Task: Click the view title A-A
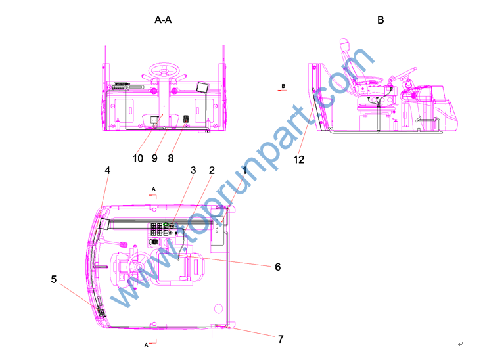pyautogui.click(x=163, y=20)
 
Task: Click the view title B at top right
pyautogui.click(x=381, y=20)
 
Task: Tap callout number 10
pyautogui.click(x=137, y=158)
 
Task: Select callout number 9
pyautogui.click(x=154, y=158)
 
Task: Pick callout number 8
pyautogui.click(x=170, y=158)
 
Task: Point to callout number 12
pyautogui.click(x=299, y=160)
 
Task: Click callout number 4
pyautogui.click(x=107, y=170)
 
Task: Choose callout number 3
pyautogui.click(x=193, y=170)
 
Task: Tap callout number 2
pyautogui.click(x=212, y=170)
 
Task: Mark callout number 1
pyautogui.click(x=244, y=170)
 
